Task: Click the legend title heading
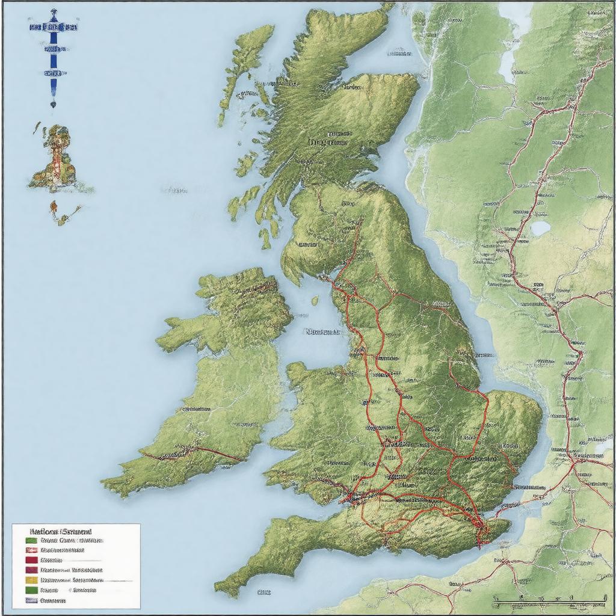[60, 532]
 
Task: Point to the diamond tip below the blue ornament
[53, 103]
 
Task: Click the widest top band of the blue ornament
[54, 27]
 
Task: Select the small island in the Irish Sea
[315, 300]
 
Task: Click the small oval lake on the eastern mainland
[540, 229]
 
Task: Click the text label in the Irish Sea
[322, 331]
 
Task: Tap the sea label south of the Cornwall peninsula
[263, 592]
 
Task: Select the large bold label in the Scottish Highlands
[328, 143]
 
